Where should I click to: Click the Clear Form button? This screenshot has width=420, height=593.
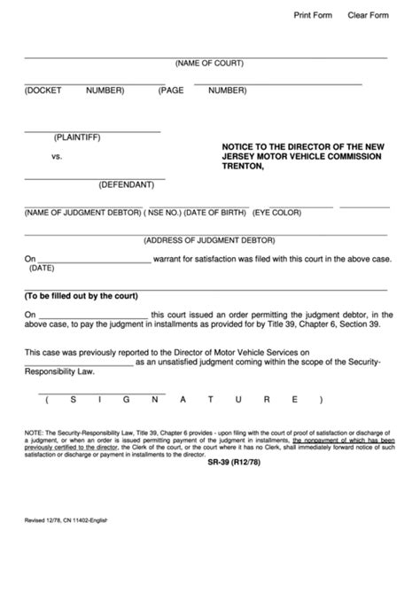368,16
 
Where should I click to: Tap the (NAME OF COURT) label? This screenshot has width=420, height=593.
209,64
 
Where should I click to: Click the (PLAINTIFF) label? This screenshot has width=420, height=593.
77,137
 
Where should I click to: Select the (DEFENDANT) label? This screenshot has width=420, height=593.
126,184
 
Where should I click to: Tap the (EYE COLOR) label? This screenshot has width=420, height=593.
276,214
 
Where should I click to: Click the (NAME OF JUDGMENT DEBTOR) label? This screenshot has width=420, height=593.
82,214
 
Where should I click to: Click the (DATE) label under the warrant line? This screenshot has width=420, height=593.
43,267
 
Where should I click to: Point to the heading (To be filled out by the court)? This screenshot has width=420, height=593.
81,296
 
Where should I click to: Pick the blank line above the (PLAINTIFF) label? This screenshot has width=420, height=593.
92,130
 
